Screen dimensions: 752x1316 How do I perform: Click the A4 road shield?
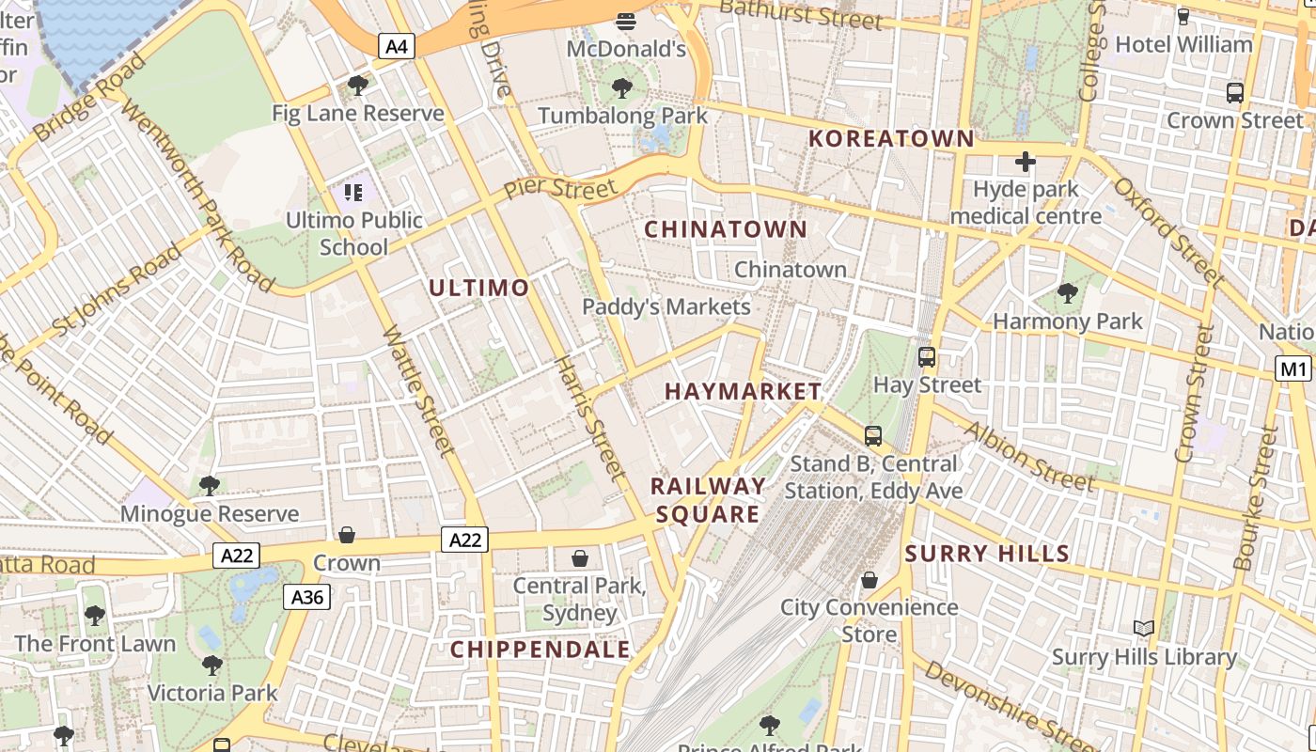pos(398,45)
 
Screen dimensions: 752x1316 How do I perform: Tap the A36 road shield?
pos(307,596)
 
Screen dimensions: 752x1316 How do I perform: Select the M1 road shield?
pos(1292,368)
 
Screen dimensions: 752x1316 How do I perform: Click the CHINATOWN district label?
pos(726,228)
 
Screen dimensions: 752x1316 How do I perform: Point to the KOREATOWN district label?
pos(891,138)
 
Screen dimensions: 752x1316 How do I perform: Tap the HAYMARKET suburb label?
pos(743,391)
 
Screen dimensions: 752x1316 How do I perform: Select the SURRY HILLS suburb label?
pos(987,553)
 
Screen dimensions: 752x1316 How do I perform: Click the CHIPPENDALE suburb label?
pos(540,649)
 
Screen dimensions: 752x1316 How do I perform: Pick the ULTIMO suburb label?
pos(479,288)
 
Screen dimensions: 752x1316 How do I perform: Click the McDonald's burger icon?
pos(626,21)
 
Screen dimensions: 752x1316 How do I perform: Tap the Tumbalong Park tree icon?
pos(621,88)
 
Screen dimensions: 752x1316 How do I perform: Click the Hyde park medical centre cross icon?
pos(1025,162)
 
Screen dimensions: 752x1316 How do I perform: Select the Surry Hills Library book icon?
pos(1144,628)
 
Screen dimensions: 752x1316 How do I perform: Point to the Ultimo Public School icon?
pos(353,193)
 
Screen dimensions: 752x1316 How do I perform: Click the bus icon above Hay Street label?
pos(927,357)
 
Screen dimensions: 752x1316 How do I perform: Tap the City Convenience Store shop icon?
pos(869,580)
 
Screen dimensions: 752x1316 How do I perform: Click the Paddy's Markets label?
pos(666,306)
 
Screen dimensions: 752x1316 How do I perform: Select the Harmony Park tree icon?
pos(1068,293)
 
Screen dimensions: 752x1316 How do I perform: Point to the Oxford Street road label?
pos(1167,231)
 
